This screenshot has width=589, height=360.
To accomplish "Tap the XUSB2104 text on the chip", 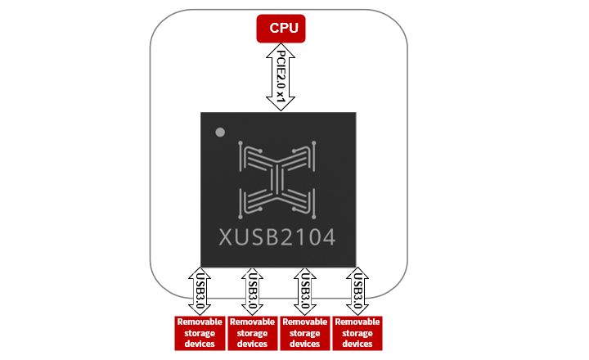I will click(x=277, y=237).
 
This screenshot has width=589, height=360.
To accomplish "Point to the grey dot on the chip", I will click(x=218, y=133).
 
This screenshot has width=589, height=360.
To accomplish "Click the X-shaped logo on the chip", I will click(x=277, y=180).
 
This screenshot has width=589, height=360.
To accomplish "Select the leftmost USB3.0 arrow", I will click(x=200, y=289).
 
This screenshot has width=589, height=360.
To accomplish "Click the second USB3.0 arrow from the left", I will click(x=252, y=289).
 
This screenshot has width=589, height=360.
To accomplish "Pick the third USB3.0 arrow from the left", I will click(x=304, y=289).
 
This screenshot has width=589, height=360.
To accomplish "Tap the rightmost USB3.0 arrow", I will click(x=357, y=289).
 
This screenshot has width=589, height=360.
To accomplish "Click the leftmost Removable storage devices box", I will click(x=200, y=333).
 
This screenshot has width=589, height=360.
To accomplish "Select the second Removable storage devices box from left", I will click(x=252, y=333).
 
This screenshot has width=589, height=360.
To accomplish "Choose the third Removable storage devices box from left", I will click(x=304, y=333).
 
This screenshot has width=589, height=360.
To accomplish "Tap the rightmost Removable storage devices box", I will click(x=357, y=333).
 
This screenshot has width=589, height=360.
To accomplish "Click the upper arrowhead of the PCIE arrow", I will click(x=279, y=47).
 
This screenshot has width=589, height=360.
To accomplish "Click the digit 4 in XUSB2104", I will click(x=326, y=237).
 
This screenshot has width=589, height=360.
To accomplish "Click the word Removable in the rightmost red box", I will click(x=357, y=322).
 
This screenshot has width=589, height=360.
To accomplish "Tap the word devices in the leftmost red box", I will click(x=200, y=344).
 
